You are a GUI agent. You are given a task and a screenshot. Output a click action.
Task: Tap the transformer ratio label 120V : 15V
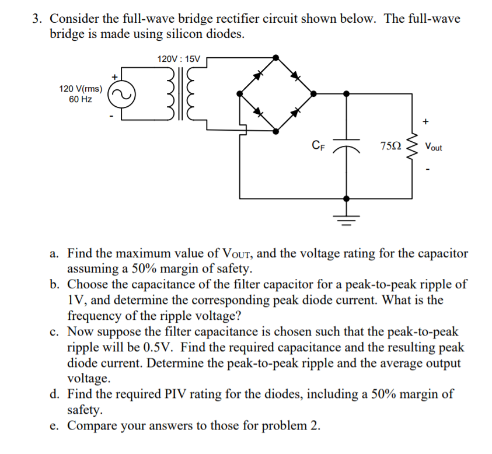179,59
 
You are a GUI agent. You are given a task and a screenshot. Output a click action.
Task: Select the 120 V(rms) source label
81,89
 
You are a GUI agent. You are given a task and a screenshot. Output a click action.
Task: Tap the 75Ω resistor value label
390,145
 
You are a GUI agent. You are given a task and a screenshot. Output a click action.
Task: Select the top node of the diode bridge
276,57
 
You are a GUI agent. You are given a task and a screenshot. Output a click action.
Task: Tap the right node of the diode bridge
313,93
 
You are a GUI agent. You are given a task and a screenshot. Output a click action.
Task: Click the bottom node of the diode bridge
276,130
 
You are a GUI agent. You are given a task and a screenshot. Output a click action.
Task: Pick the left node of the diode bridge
239,93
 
